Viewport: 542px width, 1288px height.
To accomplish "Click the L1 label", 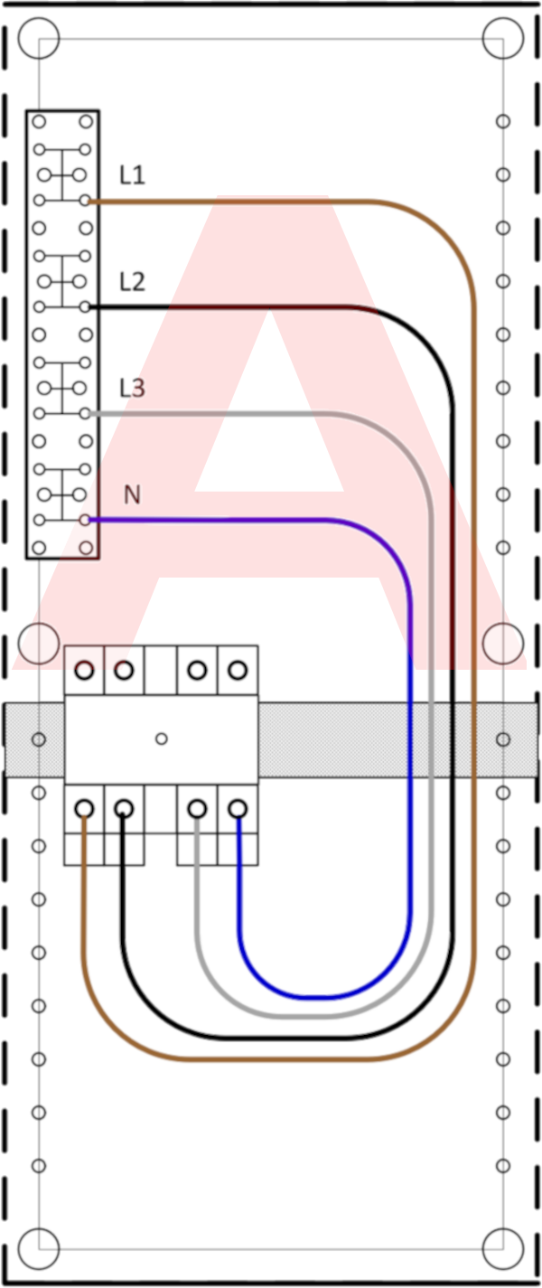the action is coord(132,174).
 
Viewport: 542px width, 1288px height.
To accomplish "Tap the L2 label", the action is coord(132,282).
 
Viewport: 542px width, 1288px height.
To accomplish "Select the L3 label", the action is coord(132,388).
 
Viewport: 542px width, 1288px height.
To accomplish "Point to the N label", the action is coord(132,494).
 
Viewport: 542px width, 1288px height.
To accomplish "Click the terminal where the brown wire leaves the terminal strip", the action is coord(85,201).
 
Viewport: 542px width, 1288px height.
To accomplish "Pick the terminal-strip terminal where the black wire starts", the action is coord(85,307).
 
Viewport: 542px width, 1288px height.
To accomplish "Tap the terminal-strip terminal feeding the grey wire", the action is coord(85,413).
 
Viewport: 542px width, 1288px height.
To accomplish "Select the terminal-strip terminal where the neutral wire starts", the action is coord(85,521).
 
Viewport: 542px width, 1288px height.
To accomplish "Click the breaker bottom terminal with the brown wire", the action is coord(85,808).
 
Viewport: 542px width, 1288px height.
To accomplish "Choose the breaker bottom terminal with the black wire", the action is coord(124,808).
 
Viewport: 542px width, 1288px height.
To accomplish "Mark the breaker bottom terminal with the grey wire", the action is coord(197,808).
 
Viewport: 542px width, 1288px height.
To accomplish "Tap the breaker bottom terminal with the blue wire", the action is coord(238,808).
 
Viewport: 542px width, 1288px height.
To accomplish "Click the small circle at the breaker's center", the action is coord(162,738).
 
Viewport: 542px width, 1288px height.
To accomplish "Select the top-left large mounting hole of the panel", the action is coord(39,38).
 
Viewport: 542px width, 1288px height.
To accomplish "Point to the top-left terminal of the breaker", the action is coord(85,670).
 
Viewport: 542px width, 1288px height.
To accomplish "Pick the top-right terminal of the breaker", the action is coord(238,670).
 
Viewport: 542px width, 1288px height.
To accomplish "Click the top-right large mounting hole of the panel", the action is coord(503,38).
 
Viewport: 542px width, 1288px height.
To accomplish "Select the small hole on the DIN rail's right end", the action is coord(503,739).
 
